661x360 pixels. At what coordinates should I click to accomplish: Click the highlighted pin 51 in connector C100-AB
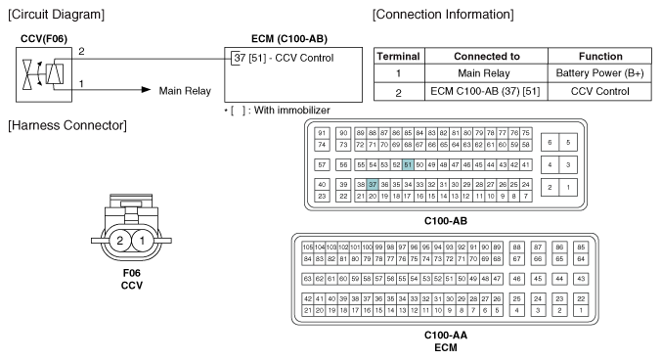408,164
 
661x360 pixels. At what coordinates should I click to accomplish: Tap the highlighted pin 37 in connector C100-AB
373,184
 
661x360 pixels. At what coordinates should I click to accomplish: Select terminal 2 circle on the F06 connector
120,241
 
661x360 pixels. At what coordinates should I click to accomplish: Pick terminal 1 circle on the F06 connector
142,241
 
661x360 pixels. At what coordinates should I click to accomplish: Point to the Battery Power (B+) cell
599,73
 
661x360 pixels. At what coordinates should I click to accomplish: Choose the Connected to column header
486,56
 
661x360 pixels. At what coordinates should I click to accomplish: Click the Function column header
599,56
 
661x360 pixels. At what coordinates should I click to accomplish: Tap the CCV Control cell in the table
599,92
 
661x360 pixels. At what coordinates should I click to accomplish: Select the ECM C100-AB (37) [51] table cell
486,92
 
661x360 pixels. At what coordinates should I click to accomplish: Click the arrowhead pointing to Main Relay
146,89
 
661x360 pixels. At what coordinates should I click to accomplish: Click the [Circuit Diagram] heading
56,15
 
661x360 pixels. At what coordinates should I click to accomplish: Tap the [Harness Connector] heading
67,125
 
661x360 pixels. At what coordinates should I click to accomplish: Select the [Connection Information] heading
443,15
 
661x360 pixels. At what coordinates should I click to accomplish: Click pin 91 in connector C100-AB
322,133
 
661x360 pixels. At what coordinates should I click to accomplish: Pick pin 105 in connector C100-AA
308,247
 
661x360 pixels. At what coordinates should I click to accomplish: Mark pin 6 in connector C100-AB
550,143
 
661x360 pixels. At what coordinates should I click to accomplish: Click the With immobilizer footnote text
291,111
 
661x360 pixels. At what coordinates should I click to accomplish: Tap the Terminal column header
399,56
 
